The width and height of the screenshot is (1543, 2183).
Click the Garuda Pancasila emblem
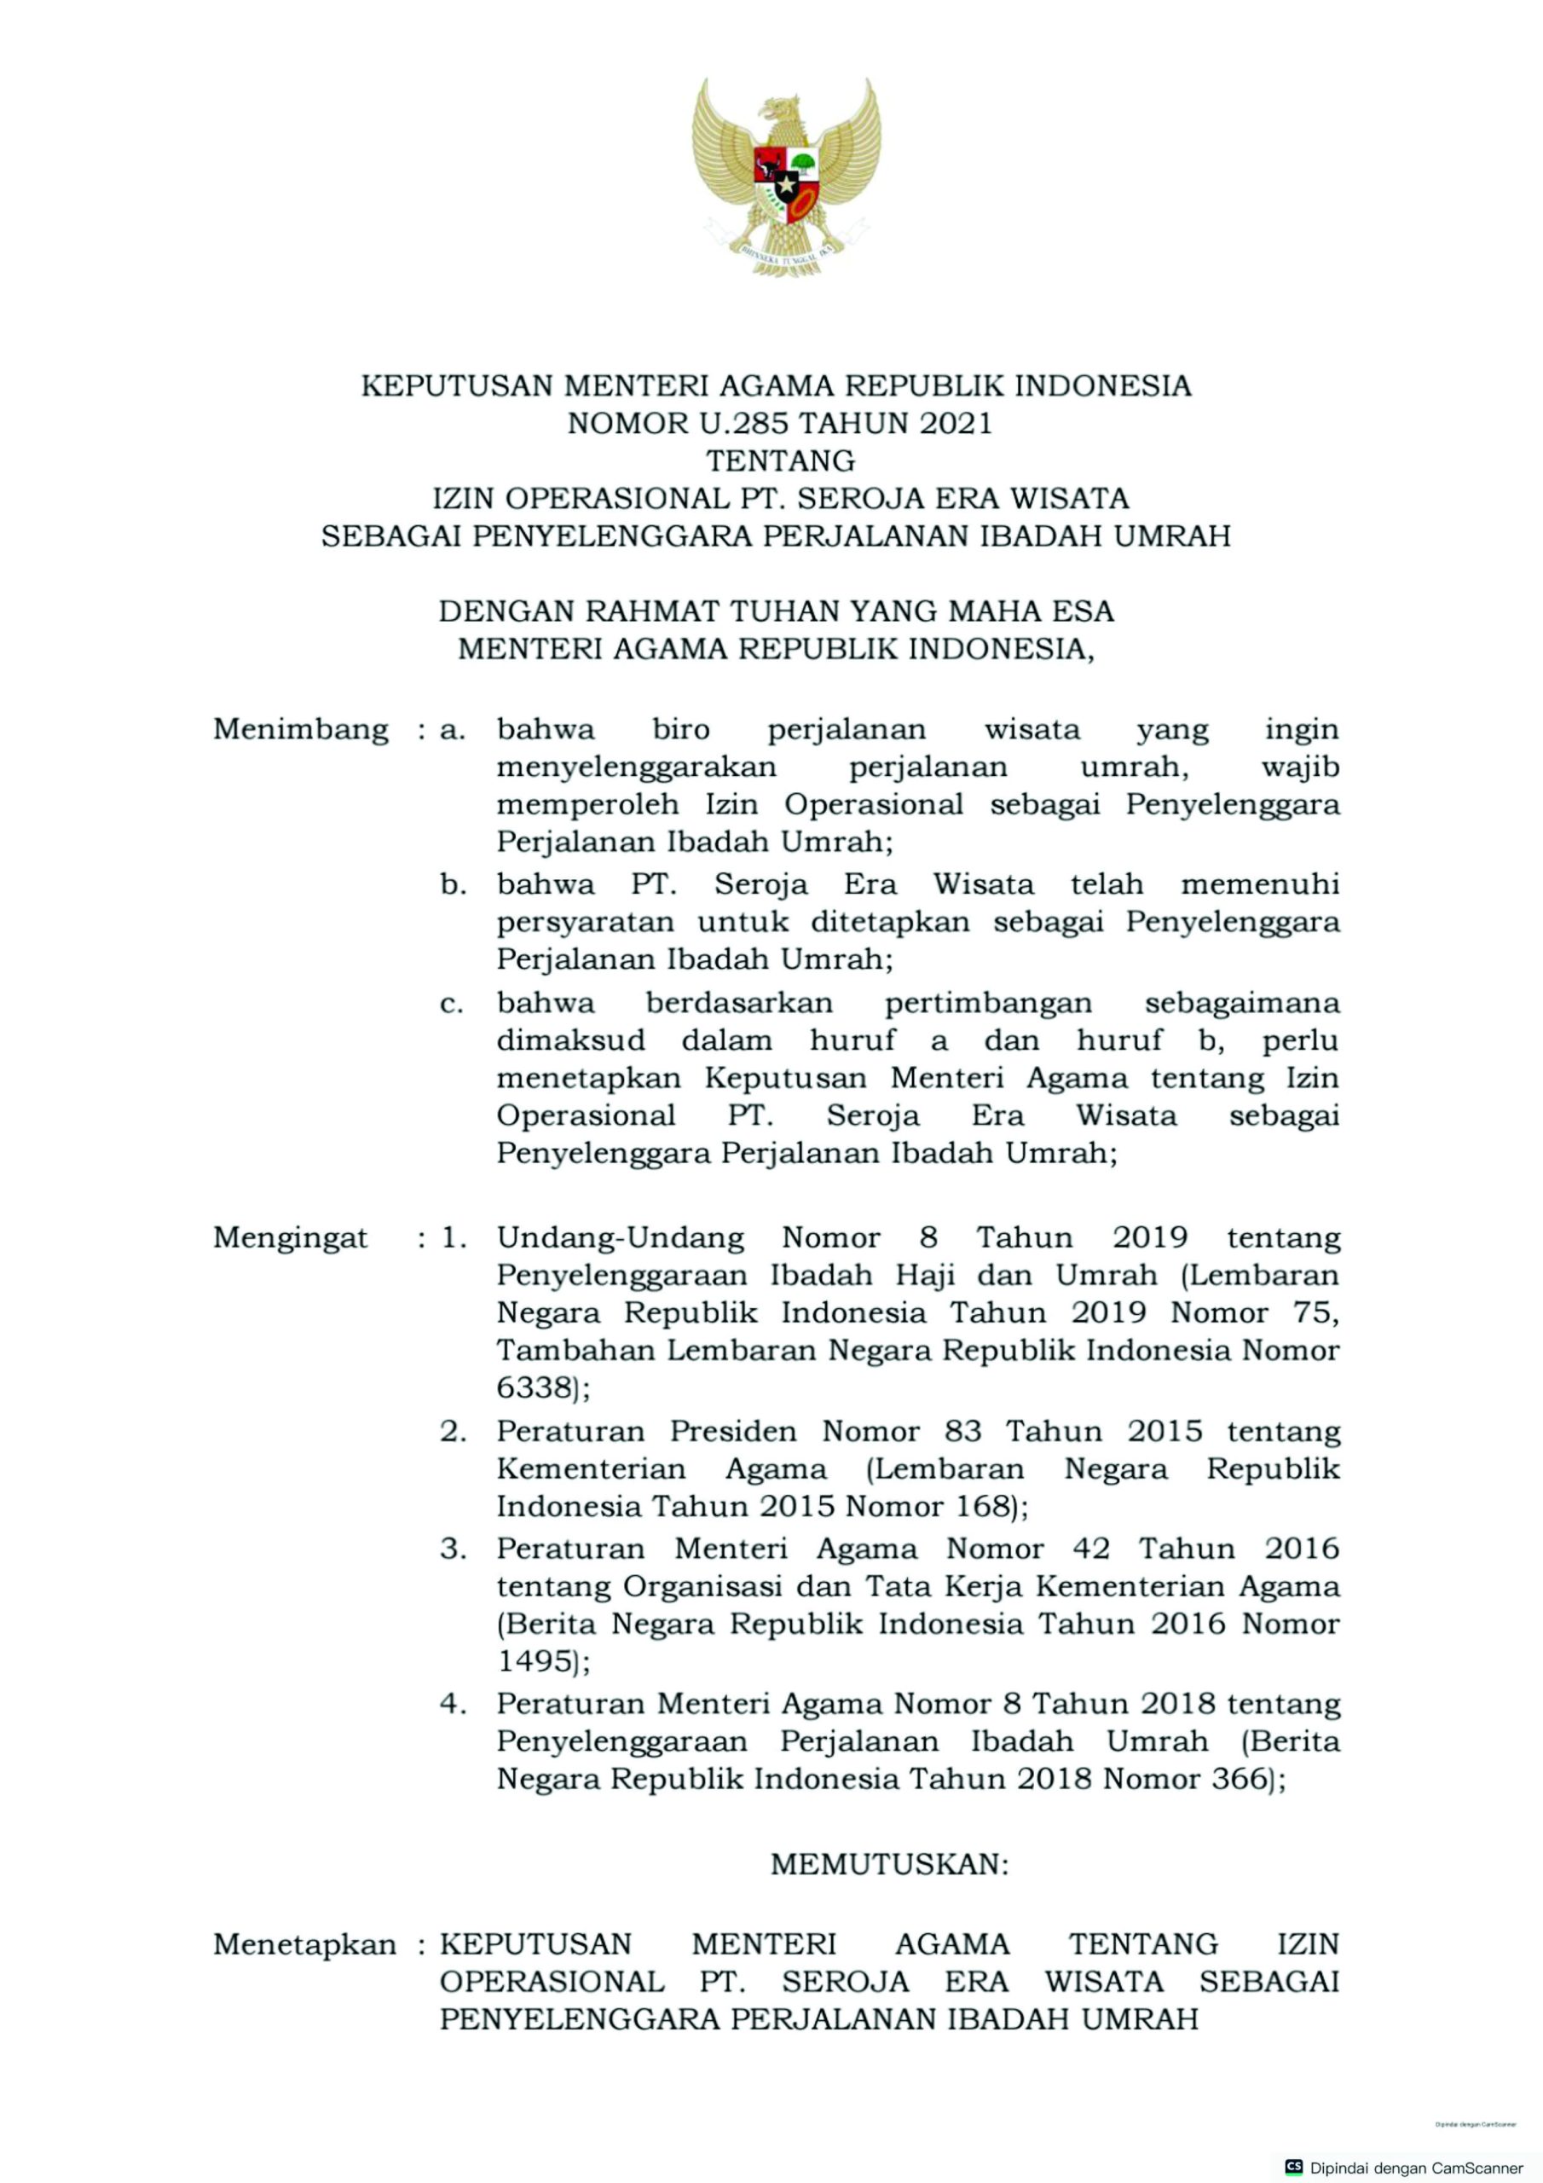pos(785,177)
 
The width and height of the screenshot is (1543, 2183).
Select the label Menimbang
pos(300,730)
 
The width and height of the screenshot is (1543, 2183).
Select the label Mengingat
pos(290,1238)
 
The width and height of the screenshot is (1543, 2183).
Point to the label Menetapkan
pos(304,1944)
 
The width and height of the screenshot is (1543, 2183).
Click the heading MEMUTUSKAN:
pos(889,1864)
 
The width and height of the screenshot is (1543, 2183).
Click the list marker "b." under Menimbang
pos(453,885)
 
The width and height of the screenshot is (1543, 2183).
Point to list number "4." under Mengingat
pos(453,1704)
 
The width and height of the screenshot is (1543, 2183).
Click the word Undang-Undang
pos(620,1238)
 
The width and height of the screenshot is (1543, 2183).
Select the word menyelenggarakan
pos(636,767)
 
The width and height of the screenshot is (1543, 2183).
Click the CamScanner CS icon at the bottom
pos(1293,2167)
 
